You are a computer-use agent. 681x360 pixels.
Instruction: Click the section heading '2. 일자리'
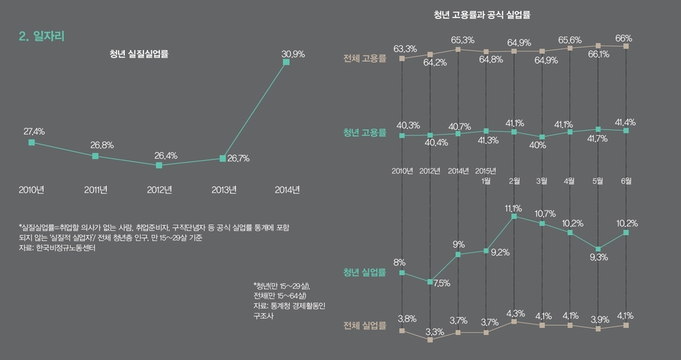tap(42, 36)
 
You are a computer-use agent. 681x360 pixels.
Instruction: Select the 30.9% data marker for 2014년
tap(286, 62)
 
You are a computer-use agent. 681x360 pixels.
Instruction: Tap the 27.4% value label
tap(34, 131)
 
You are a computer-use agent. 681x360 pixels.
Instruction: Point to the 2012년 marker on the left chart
tap(159, 166)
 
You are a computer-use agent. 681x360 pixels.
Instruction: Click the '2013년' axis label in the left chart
tap(224, 189)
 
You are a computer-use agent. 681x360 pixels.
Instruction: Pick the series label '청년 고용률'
tap(364, 133)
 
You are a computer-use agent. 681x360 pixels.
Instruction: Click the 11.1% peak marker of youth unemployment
tap(514, 217)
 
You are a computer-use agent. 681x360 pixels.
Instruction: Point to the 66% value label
tap(623, 38)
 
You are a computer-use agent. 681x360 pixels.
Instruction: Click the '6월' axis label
tap(626, 180)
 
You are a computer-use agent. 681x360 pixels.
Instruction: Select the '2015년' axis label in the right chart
tap(486, 171)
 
